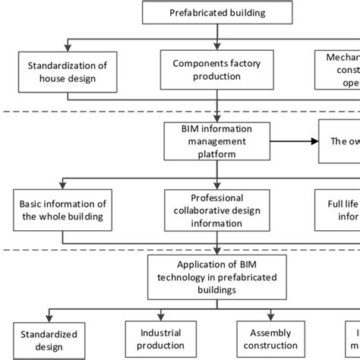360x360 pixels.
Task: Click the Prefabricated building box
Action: pyautogui.click(x=218, y=12)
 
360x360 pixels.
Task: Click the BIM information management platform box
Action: pyautogui.click(x=217, y=140)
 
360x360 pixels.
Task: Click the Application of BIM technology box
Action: pyautogui.click(x=217, y=275)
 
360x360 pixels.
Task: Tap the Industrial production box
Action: pyautogui.click(x=162, y=339)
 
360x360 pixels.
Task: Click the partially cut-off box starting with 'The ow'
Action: pyautogui.click(x=339, y=141)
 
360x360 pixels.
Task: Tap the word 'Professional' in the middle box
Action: pyautogui.click(x=217, y=196)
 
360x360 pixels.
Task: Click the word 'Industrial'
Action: pyautogui.click(x=162, y=333)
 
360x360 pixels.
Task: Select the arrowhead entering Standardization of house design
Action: pyautogui.click(x=68, y=49)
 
